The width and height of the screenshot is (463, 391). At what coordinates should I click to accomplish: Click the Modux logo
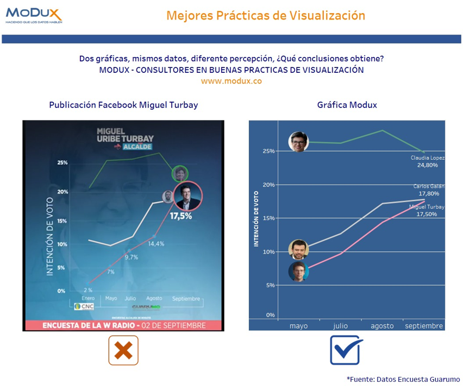(x=34, y=14)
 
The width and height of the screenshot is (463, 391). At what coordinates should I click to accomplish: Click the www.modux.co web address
(x=231, y=80)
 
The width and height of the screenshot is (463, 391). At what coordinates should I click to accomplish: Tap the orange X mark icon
(x=123, y=350)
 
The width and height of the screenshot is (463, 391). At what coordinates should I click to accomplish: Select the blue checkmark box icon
(x=346, y=350)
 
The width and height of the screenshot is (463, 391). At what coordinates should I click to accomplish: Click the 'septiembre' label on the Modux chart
(x=424, y=326)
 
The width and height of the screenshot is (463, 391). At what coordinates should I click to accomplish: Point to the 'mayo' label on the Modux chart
(x=298, y=326)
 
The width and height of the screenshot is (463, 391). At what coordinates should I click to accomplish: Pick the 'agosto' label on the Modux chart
(x=382, y=326)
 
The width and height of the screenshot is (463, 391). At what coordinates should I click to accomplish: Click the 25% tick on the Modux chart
(x=267, y=151)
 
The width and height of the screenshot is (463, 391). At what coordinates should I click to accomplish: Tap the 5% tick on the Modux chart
(x=270, y=285)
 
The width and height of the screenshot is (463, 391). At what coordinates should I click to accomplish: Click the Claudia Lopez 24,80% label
(x=428, y=161)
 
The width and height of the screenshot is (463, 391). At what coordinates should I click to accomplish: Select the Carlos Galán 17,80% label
(x=428, y=190)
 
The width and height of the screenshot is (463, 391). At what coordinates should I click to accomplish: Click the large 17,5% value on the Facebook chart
(x=180, y=216)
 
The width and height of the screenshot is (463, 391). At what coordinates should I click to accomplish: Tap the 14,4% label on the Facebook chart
(x=155, y=243)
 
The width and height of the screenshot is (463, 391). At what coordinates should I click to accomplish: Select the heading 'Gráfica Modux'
(x=347, y=105)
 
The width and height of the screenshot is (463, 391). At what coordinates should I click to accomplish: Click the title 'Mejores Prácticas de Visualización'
(x=266, y=15)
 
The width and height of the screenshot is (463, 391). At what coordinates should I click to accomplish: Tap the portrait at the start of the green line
(x=298, y=142)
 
